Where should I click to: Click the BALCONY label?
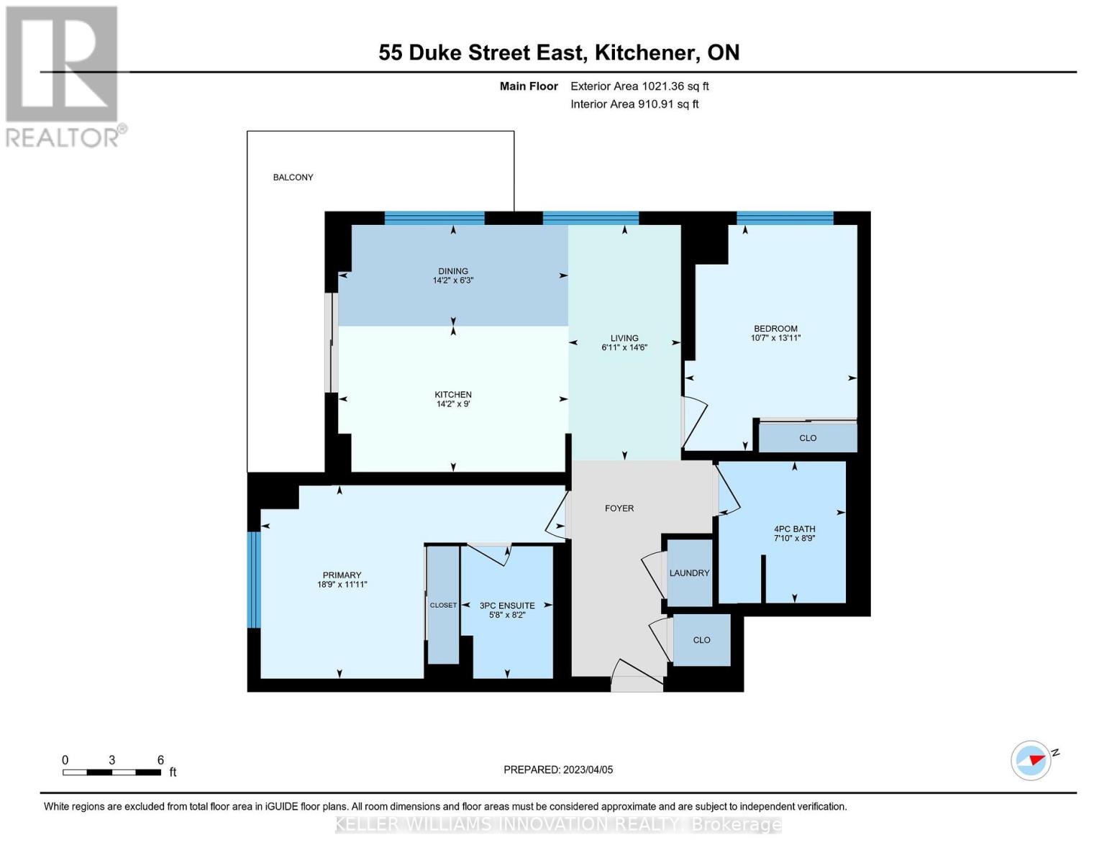pyautogui.click(x=293, y=178)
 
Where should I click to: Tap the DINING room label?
pyautogui.click(x=452, y=271)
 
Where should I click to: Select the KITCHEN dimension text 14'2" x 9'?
pyautogui.click(x=452, y=404)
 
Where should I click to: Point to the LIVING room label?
pyautogui.click(x=624, y=338)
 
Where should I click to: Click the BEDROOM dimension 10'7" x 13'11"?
pyautogui.click(x=775, y=338)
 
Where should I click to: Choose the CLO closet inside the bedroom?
pyautogui.click(x=807, y=438)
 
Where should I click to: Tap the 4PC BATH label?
pyautogui.click(x=794, y=529)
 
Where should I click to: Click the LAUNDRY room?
pyautogui.click(x=689, y=573)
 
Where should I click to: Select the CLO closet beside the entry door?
pyautogui.click(x=701, y=640)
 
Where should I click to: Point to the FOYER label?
pyautogui.click(x=619, y=508)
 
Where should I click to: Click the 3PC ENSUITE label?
pyautogui.click(x=507, y=606)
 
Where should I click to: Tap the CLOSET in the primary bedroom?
pyautogui.click(x=443, y=606)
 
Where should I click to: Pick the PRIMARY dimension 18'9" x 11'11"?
pyautogui.click(x=342, y=585)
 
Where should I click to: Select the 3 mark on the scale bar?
pyautogui.click(x=111, y=760)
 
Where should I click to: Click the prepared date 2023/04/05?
pyautogui.click(x=588, y=770)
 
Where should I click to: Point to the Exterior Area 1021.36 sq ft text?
pyautogui.click(x=639, y=86)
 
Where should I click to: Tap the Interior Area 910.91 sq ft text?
pyautogui.click(x=634, y=104)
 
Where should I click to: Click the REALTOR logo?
pyautogui.click(x=63, y=76)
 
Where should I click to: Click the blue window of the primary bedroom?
pyautogui.click(x=253, y=580)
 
